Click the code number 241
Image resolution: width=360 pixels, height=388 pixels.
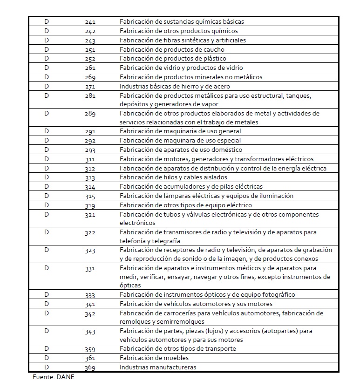90,22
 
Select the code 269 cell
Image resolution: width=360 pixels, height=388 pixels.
90,77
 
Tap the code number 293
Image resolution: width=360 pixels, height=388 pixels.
90,150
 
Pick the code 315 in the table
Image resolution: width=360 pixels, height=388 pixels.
90,196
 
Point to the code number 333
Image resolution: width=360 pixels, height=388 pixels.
90,295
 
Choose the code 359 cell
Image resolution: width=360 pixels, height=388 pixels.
90,349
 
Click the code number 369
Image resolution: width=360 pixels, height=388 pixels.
90,368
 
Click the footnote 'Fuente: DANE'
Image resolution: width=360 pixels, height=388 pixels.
54,377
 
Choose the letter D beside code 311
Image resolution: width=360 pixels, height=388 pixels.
47,159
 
